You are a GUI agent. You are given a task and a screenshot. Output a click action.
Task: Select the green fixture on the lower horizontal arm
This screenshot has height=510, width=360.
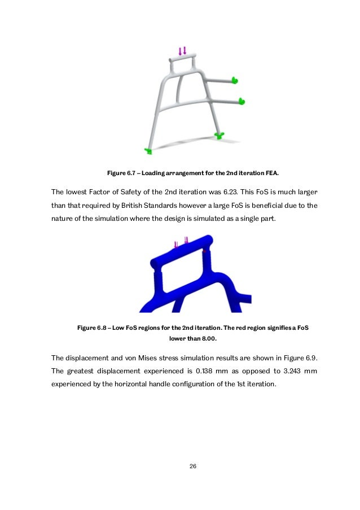(242, 102)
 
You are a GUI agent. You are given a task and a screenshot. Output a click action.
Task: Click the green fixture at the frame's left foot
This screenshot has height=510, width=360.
(148, 151)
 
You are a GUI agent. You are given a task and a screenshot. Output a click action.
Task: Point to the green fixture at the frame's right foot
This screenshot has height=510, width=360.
(219, 134)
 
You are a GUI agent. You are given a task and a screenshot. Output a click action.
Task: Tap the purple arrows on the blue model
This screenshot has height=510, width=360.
(182, 244)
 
